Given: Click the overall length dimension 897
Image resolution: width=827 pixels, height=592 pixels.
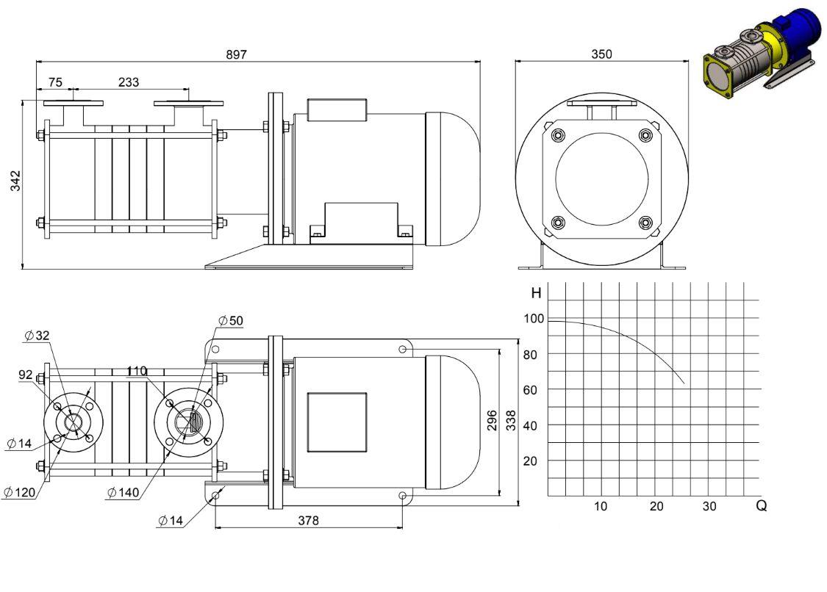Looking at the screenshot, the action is coord(236,54).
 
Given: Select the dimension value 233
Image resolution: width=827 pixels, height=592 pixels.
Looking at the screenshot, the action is coord(129,82).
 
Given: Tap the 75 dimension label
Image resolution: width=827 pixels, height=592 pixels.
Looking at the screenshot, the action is coord(55,82).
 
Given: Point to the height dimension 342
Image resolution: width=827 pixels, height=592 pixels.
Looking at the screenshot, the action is coord(15,181).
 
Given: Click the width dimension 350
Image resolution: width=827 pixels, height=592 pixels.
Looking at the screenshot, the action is coord(602,54).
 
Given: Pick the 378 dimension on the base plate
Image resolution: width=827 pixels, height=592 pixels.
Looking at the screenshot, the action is coord(309,520).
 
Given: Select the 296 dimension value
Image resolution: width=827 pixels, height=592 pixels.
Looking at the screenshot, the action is coord(492,421).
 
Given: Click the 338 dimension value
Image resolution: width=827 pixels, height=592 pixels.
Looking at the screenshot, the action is coord(511,421).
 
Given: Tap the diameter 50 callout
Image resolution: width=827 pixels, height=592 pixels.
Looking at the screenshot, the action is coord(231,320).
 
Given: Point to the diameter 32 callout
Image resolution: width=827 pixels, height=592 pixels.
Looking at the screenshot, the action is coord(37,335).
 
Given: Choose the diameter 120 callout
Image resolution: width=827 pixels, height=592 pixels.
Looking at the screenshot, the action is coord(20,492).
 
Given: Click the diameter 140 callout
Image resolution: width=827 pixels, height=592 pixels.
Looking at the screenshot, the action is coord(123,492).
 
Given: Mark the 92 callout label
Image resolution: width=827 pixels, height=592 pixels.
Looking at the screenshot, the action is coord(25,375).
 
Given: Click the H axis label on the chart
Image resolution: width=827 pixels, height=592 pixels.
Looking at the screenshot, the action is coord(537,293).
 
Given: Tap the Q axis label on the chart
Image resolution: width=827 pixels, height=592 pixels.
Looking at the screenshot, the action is coord(761,505).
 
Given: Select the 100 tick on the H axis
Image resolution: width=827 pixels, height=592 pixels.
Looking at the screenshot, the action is coord(534,319).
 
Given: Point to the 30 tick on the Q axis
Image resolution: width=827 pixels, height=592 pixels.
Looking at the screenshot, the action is coord(709,506).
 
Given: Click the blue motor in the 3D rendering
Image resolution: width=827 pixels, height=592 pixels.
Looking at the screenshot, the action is coord(794,32).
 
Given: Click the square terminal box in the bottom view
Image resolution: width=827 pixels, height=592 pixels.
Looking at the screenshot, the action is coord(337,422).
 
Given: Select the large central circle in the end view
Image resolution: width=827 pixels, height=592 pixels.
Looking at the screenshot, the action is coord(602,179).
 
